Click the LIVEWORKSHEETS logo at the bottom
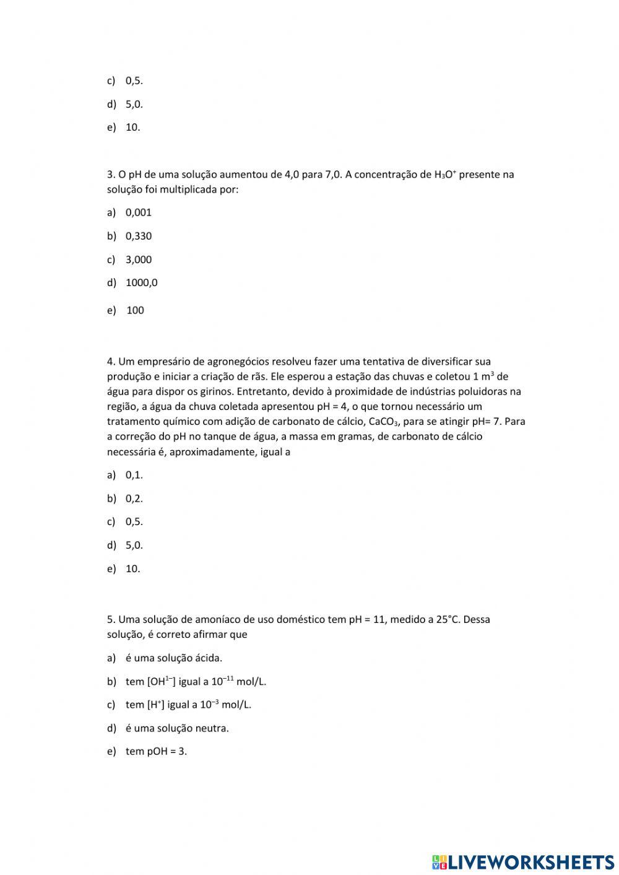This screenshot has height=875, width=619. click(x=522, y=861)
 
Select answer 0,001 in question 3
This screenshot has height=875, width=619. click(x=138, y=212)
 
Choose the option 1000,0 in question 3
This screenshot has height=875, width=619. click(x=141, y=283)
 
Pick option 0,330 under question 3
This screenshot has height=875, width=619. click(x=138, y=236)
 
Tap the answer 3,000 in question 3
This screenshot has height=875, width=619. click(x=138, y=259)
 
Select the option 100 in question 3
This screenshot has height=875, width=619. click(x=135, y=310)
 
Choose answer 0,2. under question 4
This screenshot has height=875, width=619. click(x=134, y=498)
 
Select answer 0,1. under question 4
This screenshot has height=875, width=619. click(x=134, y=475)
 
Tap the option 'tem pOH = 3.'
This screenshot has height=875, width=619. click(x=156, y=751)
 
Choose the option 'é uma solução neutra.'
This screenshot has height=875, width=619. click(x=177, y=728)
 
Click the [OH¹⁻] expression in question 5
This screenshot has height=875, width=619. click(x=161, y=681)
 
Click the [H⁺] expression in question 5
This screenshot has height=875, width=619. click(x=155, y=705)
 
